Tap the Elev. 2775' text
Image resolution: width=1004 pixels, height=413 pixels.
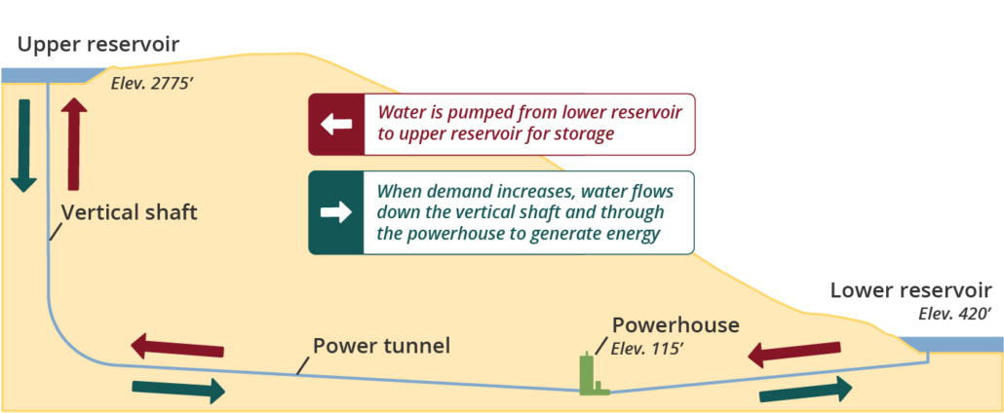pyautogui.click(x=154, y=84)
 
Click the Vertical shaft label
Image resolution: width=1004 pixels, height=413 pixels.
pyautogui.click(x=129, y=212)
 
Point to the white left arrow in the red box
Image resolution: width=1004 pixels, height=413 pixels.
pyautogui.click(x=336, y=124)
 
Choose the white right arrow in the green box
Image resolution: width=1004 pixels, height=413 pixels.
pyautogui.click(x=336, y=213)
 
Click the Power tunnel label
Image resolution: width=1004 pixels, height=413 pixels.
pyautogui.click(x=381, y=346)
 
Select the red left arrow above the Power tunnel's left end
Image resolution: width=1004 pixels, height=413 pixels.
pyautogui.click(x=177, y=346)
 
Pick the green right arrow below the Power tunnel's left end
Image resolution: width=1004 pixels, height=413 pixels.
pyautogui.click(x=177, y=390)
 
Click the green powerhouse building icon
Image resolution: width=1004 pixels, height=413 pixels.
pyautogui.click(x=588, y=376)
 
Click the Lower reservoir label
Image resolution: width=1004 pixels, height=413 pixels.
pyautogui.click(x=910, y=290)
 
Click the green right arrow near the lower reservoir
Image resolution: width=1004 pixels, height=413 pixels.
pyautogui.click(x=805, y=392)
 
